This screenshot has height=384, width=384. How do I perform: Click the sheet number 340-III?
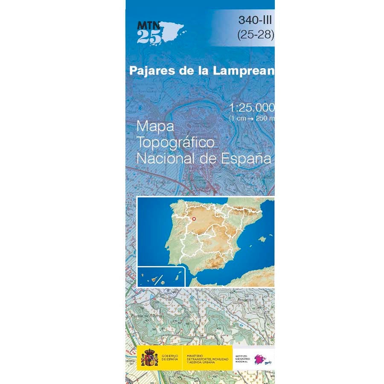(x=256, y=20)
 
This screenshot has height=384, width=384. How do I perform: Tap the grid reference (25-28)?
(x=256, y=35)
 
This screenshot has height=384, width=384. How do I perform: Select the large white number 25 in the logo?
(x=149, y=37)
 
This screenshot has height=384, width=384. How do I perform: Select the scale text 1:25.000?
(x=252, y=108)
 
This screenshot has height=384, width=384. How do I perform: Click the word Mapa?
(x=155, y=127)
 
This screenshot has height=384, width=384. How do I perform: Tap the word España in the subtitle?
(x=247, y=159)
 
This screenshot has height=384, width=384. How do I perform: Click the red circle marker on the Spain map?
(x=194, y=219)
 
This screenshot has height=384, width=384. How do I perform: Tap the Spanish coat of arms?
(x=149, y=357)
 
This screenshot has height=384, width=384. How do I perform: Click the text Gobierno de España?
(x=170, y=357)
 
